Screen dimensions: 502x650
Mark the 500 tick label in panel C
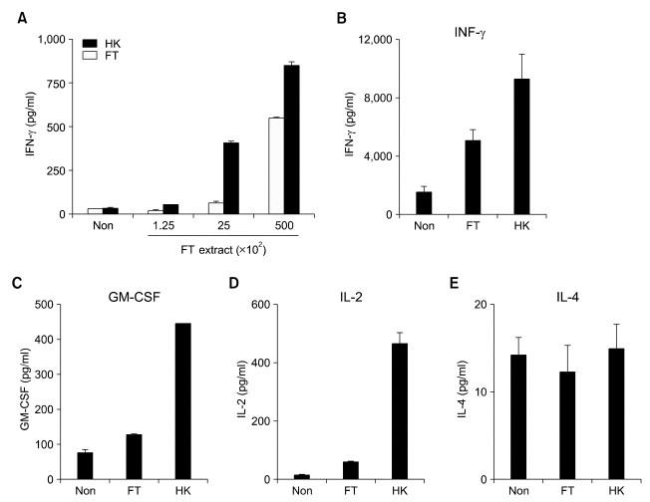(x=44, y=305)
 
